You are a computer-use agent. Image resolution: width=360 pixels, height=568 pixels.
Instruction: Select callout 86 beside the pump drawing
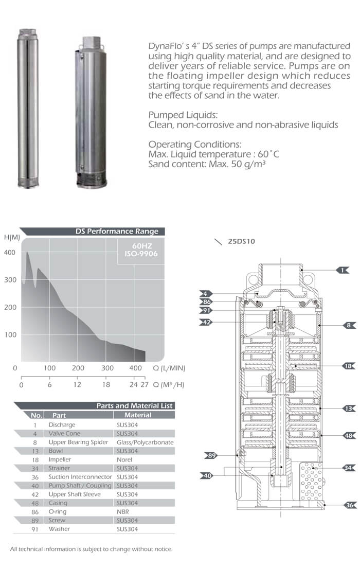[x=207, y=302]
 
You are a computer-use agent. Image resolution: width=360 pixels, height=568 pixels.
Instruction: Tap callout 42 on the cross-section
[x=207, y=323]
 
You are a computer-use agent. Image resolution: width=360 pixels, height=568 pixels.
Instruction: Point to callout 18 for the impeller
[x=349, y=366]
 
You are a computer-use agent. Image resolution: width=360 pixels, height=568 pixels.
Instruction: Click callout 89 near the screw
[x=212, y=455]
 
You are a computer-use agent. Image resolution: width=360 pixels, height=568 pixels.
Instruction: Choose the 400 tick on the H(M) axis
[x=10, y=252]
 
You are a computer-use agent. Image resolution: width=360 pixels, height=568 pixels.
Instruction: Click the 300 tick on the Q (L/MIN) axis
[x=107, y=368]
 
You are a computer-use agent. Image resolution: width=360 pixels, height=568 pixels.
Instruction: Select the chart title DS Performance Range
[x=117, y=232]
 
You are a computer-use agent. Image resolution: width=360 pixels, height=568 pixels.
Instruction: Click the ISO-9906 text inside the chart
[x=141, y=254]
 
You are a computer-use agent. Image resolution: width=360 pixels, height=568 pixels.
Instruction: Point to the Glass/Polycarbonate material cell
[x=145, y=442]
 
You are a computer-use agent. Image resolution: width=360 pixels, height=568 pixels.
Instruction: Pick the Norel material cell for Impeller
[x=124, y=459]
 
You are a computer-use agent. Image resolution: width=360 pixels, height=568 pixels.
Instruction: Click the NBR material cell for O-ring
[x=122, y=512]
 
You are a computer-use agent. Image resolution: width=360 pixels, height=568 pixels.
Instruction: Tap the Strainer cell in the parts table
[x=59, y=468]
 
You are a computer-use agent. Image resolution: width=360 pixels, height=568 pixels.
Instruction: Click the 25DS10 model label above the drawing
[x=242, y=241]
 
